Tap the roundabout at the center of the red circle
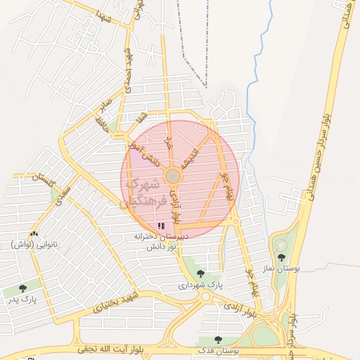(x=173, y=175)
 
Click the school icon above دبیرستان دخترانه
(x=161, y=226)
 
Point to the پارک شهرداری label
(x=200, y=286)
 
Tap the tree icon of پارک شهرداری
(x=200, y=274)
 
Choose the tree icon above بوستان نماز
(x=282, y=258)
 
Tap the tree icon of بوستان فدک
(x=218, y=340)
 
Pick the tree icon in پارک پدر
(x=22, y=287)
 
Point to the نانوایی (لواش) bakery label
(x=33, y=244)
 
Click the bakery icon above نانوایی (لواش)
(x=34, y=233)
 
